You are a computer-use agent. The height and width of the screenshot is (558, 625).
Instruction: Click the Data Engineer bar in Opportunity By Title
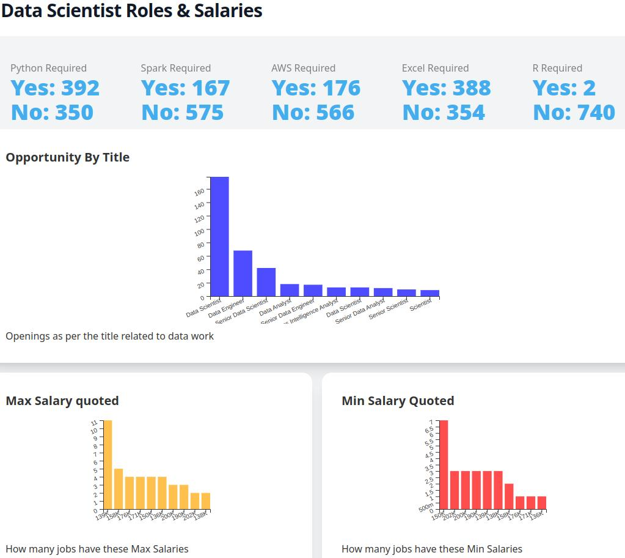[243, 273]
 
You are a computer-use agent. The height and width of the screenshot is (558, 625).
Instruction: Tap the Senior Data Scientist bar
[266, 282]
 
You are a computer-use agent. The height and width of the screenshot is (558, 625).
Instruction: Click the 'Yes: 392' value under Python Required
[55, 88]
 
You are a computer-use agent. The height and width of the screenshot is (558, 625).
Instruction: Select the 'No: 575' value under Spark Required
[182, 113]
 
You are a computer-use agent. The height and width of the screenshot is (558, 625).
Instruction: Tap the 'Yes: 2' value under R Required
[564, 88]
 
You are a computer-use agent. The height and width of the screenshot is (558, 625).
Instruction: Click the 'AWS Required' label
[303, 68]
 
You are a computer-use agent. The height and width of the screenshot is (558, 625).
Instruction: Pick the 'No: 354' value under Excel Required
[444, 113]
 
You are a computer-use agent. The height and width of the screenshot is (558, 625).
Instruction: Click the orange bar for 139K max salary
[108, 465]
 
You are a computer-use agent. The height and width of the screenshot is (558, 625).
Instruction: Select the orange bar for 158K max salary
[119, 489]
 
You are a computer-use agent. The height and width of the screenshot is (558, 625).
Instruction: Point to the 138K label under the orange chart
[200, 516]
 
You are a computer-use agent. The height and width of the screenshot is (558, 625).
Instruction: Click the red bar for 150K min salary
[444, 465]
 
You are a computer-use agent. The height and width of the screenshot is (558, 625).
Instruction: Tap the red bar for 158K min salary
[509, 497]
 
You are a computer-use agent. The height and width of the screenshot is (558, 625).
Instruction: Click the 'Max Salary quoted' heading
[62, 401]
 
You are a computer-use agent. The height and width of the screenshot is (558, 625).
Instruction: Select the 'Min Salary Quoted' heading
[398, 401]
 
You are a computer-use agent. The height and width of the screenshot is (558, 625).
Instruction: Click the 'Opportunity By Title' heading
[68, 157]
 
